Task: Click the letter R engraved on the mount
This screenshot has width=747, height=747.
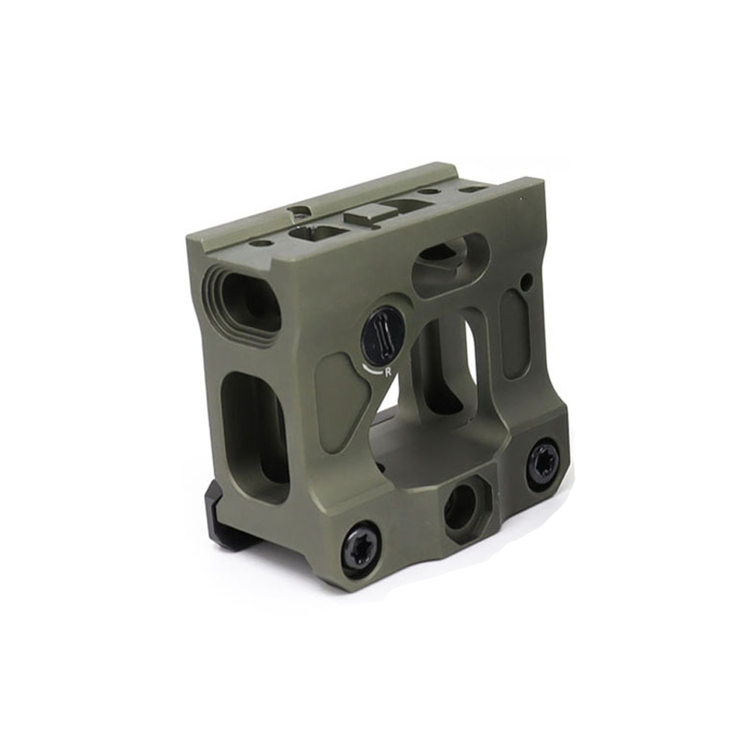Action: click(x=388, y=372)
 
